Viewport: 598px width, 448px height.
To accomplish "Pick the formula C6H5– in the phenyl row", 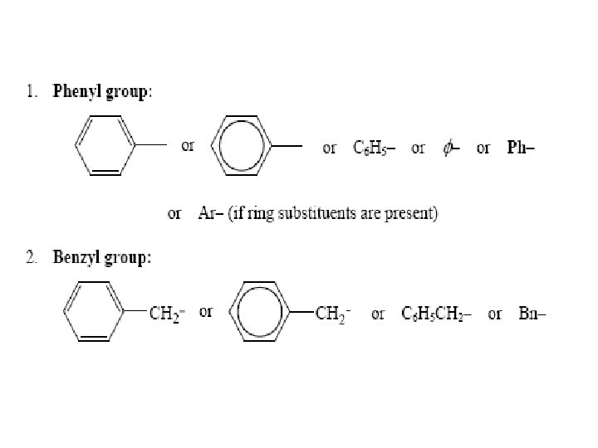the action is (x=371, y=148).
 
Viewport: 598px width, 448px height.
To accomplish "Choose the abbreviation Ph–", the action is (x=521, y=148).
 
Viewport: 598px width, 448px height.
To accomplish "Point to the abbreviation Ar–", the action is (x=211, y=214).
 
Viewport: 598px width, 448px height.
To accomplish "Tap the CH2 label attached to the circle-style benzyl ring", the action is (x=333, y=314).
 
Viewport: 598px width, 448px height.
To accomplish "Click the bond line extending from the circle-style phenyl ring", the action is (x=287, y=146).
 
